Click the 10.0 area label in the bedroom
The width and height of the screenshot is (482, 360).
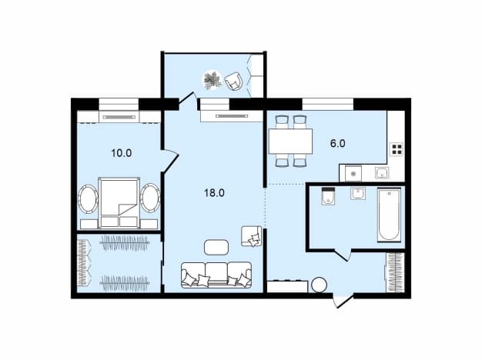pos(122,153)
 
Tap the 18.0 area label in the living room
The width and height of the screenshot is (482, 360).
pos(214,193)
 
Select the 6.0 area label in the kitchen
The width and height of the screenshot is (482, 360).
pos(337,143)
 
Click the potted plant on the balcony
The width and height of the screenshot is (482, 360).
pos(213,80)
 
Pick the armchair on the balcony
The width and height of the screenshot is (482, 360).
pos(233,81)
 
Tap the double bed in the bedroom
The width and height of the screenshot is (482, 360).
pos(119,203)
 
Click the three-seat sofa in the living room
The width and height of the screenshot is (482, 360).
pos(216,275)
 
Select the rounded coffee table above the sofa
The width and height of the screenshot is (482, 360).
pos(216,247)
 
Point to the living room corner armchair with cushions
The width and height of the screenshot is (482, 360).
pos(252,236)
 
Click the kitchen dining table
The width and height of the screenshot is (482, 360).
pos(290,142)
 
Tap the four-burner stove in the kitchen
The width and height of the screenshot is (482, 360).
pos(397,149)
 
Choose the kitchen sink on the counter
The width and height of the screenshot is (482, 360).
pos(382,173)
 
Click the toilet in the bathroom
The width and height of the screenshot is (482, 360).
pos(328,195)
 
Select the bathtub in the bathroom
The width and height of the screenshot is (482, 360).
pos(389,215)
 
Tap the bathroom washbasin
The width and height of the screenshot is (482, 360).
pos(358,194)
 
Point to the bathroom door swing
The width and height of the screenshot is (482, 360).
pos(343,255)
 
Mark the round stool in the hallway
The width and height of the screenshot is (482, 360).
pos(319,285)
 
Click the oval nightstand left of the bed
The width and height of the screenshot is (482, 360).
pos(88,198)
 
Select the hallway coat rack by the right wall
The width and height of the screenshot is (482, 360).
pos(394,272)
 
